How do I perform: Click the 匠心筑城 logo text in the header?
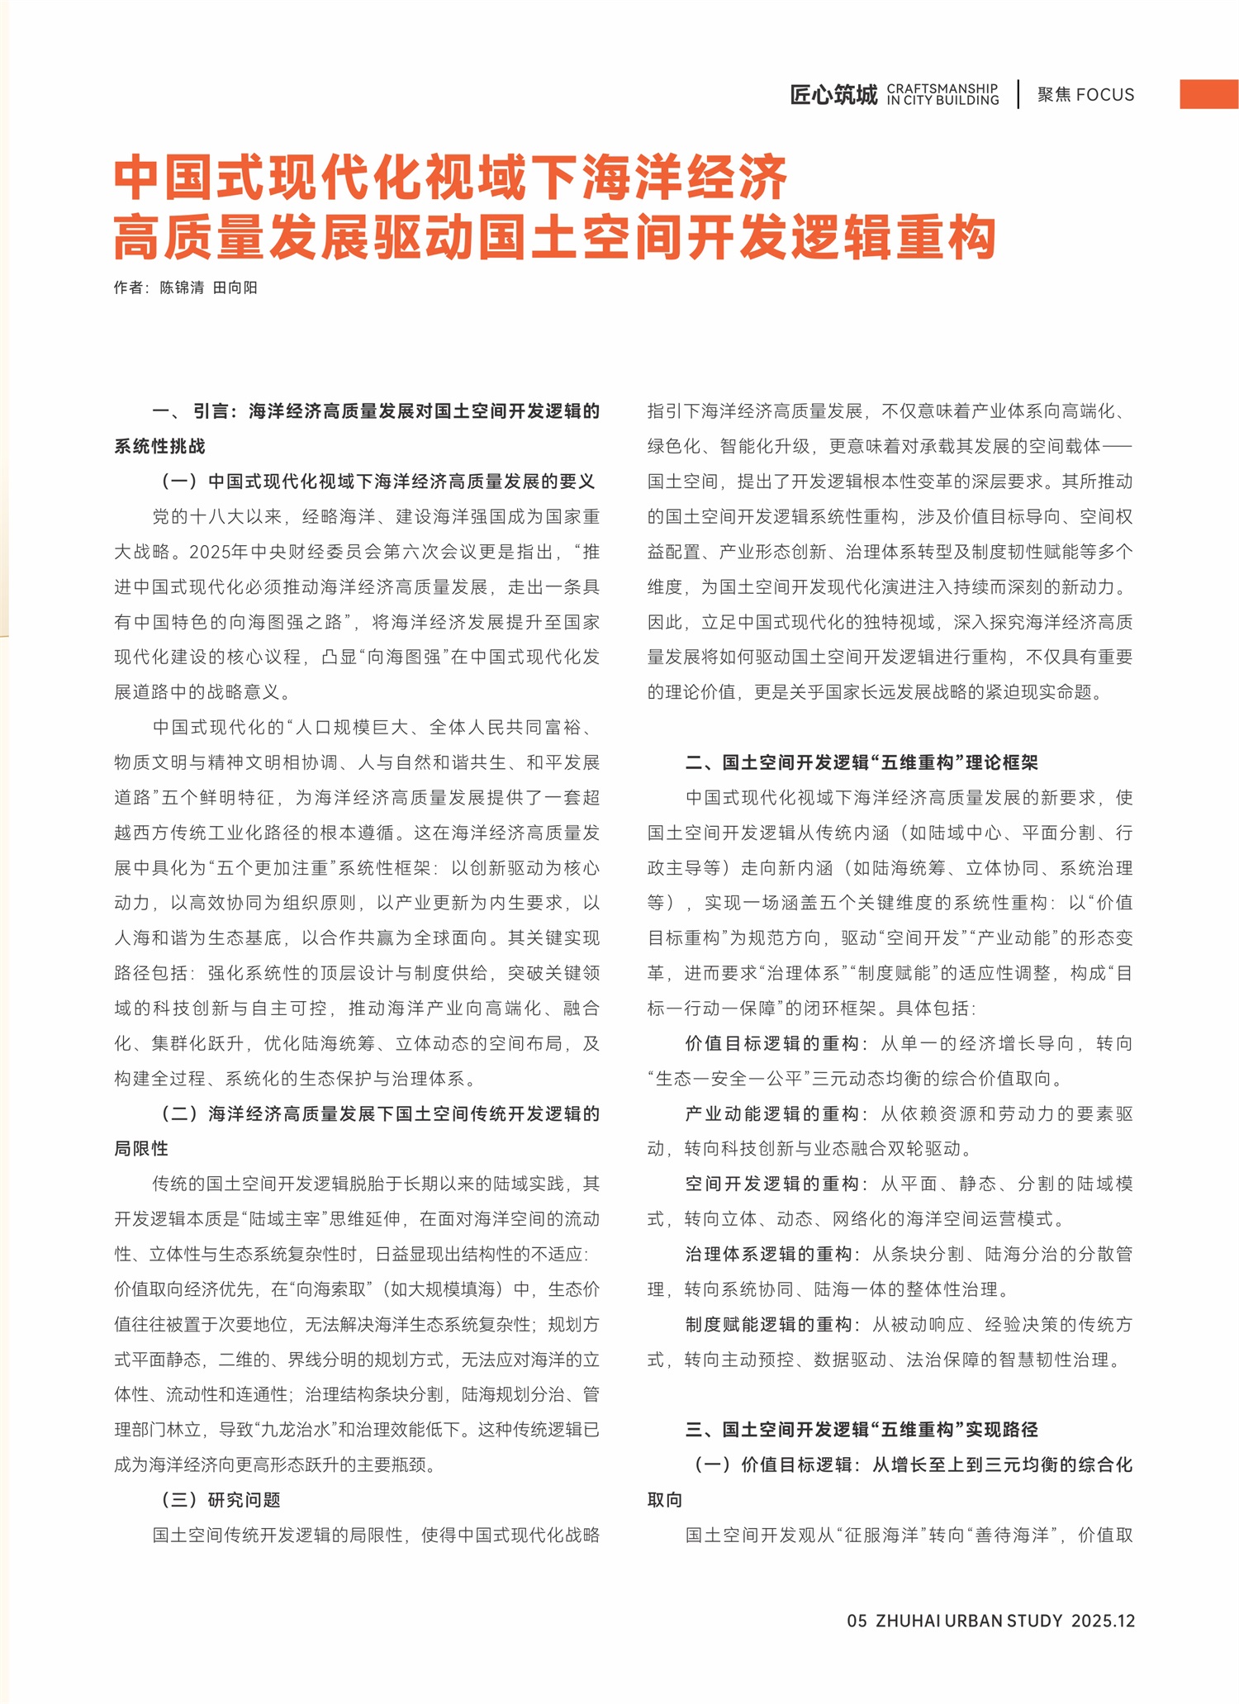[x=833, y=95]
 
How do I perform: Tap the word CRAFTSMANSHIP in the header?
[x=942, y=88]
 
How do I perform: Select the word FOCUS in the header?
[x=1105, y=95]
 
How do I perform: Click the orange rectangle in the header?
[x=1208, y=94]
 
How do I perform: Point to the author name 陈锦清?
[x=182, y=287]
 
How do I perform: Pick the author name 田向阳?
[x=235, y=287]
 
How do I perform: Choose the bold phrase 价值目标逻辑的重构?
[x=772, y=1043]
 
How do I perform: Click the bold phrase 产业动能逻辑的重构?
[x=772, y=1113]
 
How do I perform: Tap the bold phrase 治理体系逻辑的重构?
[x=768, y=1254]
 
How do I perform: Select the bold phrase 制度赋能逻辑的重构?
[x=768, y=1325]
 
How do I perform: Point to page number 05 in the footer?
[x=857, y=1621]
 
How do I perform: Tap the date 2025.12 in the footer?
[x=1103, y=1621]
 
